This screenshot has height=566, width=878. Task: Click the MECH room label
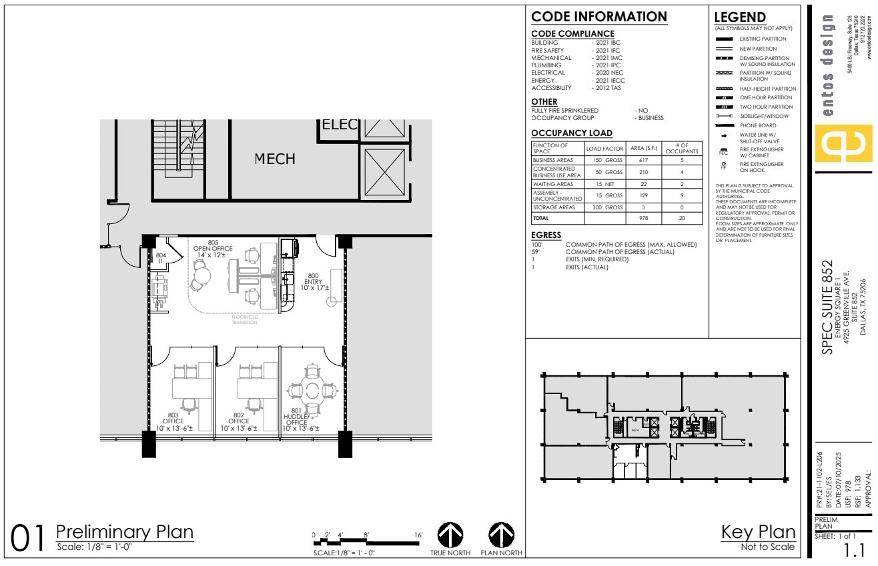coord(276,159)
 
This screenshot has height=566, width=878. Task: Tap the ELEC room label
coord(340,126)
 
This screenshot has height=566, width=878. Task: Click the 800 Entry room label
coord(313,281)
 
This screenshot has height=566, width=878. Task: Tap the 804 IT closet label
coord(161,258)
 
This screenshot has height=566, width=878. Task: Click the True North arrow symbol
coord(451,535)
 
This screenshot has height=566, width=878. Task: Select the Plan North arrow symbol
coord(501,535)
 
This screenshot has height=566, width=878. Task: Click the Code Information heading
coord(599,17)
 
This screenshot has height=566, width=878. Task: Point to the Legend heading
coord(739,17)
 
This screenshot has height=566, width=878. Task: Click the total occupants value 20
coord(682,218)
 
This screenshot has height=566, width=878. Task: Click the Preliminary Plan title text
coord(125,532)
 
